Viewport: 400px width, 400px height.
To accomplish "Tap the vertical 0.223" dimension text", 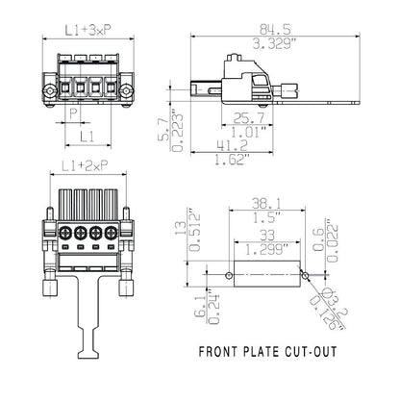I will [x=175, y=131].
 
